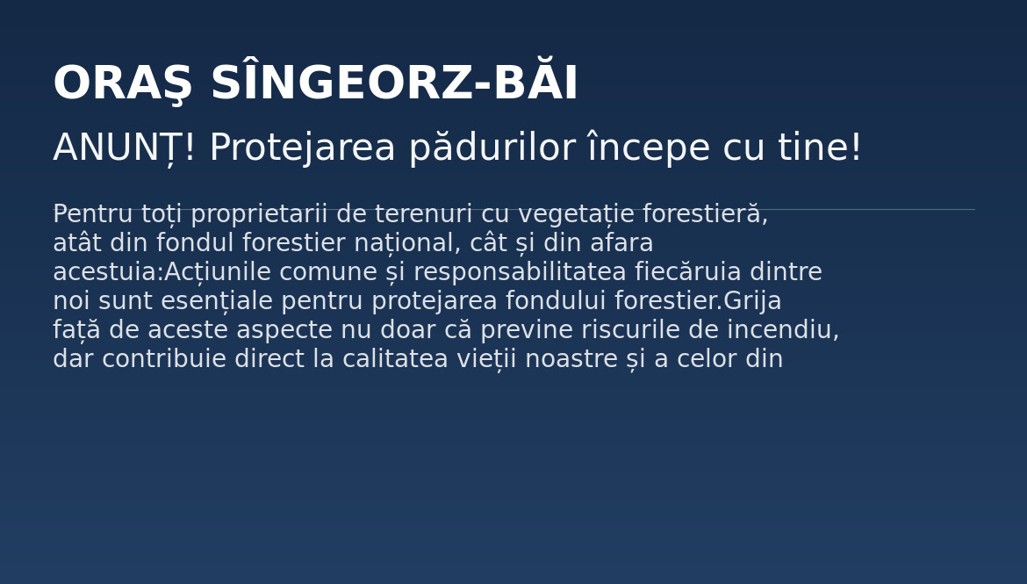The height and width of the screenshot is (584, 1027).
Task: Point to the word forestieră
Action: (x=705, y=213)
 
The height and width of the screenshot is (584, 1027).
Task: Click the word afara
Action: (x=621, y=242)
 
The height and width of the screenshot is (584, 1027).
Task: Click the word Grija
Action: (x=752, y=301)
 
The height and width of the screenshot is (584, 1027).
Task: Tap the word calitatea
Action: (x=395, y=358)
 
